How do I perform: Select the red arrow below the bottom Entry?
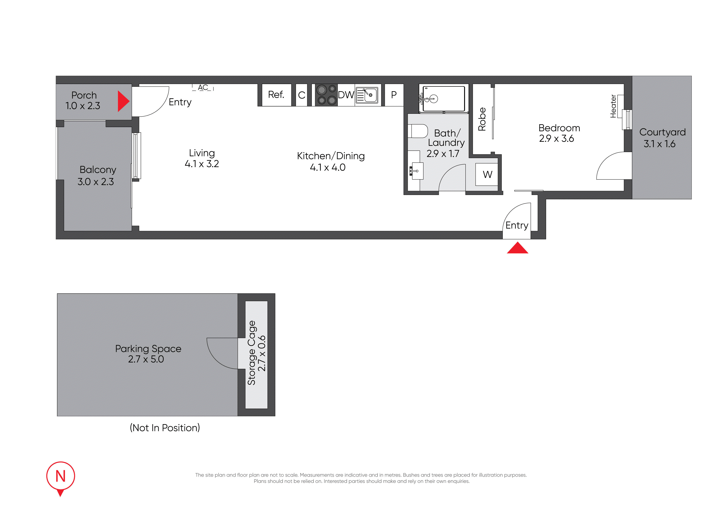tap(517, 248)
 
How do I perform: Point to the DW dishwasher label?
tap(346, 95)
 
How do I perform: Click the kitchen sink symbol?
tap(367, 95)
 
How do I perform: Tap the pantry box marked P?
tap(394, 95)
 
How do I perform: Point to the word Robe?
tap(482, 119)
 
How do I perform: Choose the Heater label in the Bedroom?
tap(613, 106)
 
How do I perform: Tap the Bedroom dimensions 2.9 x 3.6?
tap(556, 138)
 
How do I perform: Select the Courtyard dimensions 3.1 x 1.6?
tap(659, 144)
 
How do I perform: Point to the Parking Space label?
tap(148, 349)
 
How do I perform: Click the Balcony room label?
tap(98, 170)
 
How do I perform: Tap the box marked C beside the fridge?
tap(302, 95)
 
